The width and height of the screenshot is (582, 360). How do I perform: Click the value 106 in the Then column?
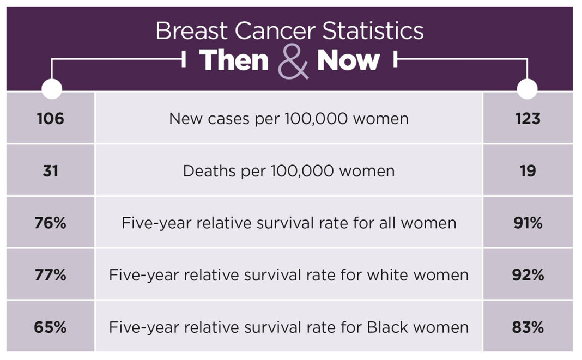pyautogui.click(x=51, y=119)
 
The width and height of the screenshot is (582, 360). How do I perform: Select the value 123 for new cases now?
pyautogui.click(x=528, y=119)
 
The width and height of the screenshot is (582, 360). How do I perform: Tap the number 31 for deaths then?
pyautogui.click(x=51, y=171)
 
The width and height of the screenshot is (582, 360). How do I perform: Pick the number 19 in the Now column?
pyautogui.click(x=528, y=171)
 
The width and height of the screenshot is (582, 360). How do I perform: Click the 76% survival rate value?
pyautogui.click(x=51, y=223)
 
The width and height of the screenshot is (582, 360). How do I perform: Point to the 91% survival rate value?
pyautogui.click(x=528, y=223)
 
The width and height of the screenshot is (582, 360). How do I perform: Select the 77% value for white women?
pyautogui.click(x=51, y=275)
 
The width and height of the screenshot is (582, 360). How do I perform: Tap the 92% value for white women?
pyautogui.click(x=528, y=275)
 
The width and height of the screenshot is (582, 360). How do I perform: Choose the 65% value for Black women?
pyautogui.click(x=51, y=327)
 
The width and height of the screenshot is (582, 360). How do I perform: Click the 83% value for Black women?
pyautogui.click(x=528, y=327)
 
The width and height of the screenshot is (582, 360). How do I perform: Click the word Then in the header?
pyautogui.click(x=234, y=60)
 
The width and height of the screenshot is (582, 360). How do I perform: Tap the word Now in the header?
pyautogui.click(x=348, y=60)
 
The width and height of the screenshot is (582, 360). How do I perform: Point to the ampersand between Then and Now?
pyautogui.click(x=293, y=62)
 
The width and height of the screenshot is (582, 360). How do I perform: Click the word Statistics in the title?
pyautogui.click(x=373, y=30)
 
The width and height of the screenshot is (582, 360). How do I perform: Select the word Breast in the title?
pyautogui.click(x=191, y=30)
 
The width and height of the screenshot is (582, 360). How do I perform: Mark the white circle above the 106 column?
pyautogui.click(x=52, y=89)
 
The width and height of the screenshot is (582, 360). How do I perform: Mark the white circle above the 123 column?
pyautogui.click(x=527, y=89)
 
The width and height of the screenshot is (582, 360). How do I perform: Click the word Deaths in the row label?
pyautogui.click(x=210, y=171)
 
